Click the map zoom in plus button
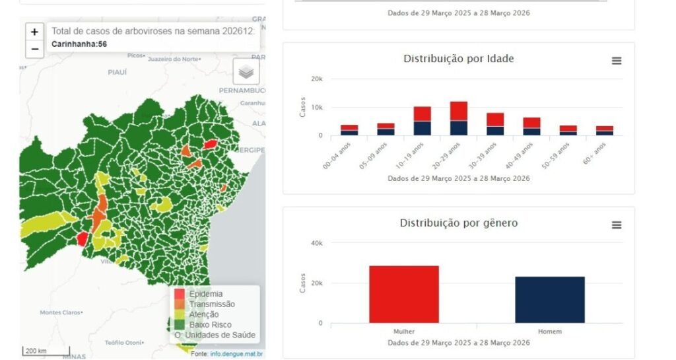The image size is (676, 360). coord(35,32)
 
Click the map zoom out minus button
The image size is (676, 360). coord(35,49)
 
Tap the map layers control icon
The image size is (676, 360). coord(246,72)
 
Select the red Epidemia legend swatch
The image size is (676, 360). coord(179,293)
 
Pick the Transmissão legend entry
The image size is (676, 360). coord(211,304)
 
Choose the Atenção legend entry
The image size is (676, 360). coord(204,314)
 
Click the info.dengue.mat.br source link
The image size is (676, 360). coord(236,354)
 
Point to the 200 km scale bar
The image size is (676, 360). coord(37,351)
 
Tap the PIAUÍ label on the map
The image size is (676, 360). coord(117,72)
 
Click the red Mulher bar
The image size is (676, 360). coord(404,294)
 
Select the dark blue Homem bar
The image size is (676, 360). coord(550,299)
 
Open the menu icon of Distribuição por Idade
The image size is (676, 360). coord(617,61)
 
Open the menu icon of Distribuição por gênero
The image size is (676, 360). coord(617,225)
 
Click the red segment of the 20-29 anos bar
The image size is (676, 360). coord(459,111)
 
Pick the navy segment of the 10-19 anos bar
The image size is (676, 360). coord(422,128)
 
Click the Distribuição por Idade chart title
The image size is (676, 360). coord(458,59)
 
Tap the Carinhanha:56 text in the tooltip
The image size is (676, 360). coord(79,44)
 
